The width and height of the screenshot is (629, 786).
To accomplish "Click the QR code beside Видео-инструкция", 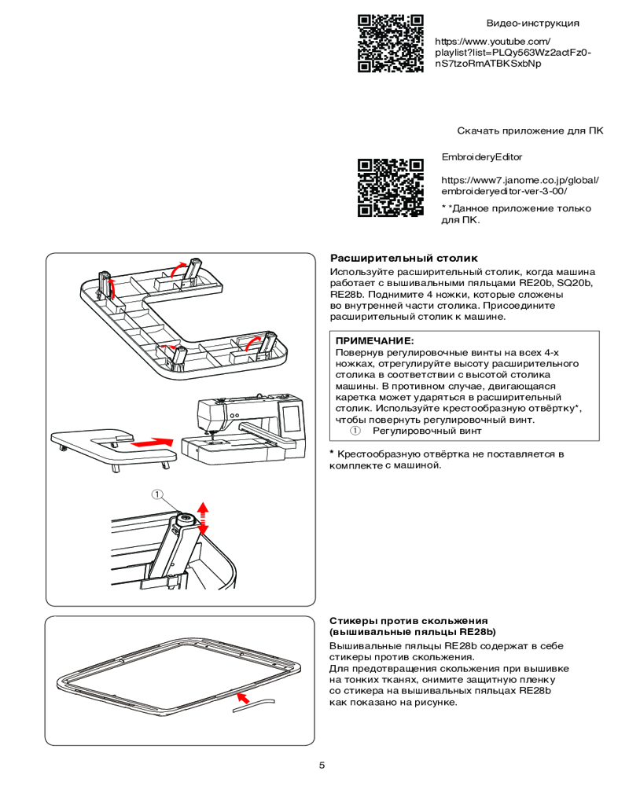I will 391,44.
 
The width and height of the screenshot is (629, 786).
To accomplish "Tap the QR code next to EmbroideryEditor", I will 391,187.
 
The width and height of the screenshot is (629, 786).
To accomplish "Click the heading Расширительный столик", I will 403,258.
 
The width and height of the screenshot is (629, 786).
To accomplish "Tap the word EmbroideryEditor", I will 482,157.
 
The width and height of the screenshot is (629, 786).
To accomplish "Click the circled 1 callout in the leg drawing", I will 158,494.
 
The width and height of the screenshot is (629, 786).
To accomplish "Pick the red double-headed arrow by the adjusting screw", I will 203,516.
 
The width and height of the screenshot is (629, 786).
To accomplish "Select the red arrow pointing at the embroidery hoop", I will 245,696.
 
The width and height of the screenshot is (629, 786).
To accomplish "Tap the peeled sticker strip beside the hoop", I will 256,705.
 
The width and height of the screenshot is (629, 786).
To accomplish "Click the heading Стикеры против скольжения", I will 408,621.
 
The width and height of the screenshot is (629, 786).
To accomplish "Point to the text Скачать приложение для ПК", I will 530,130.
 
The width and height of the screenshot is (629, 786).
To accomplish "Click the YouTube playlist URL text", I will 513,52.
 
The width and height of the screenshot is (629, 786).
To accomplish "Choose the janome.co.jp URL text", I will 520,185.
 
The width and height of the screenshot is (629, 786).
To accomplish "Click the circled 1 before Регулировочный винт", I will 355,431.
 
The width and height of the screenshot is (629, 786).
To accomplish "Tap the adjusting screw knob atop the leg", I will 187,519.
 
